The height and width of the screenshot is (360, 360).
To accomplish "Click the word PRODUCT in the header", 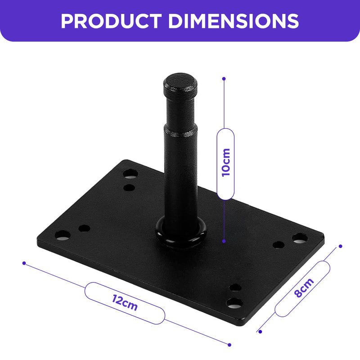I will coord(110,21).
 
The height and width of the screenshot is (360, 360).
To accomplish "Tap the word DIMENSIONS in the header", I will coord(234,21).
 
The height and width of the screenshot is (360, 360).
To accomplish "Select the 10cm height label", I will coord(225,163).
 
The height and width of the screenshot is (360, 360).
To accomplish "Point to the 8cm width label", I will coord(303,289).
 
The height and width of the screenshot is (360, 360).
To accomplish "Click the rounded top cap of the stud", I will coord(180,82).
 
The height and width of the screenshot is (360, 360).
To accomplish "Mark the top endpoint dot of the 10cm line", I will coord(224,78).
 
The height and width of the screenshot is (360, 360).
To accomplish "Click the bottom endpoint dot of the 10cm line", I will coord(224,242).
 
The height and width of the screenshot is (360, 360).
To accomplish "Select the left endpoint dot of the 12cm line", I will coord(24,263).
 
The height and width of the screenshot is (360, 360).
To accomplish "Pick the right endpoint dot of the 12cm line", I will coord(229,345).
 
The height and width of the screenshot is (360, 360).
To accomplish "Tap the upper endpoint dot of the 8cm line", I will coord(340,246).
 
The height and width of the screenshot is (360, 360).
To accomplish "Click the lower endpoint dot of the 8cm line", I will coord(260,332).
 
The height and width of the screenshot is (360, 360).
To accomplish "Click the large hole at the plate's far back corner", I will coord(131,173).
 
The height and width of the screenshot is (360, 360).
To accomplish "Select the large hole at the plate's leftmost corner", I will coord(62,235).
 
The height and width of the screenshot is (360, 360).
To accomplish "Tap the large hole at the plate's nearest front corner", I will coord(234,303).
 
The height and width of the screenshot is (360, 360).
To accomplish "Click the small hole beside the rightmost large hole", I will coord(279,245).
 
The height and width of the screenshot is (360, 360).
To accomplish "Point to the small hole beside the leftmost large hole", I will coord(84,228).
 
